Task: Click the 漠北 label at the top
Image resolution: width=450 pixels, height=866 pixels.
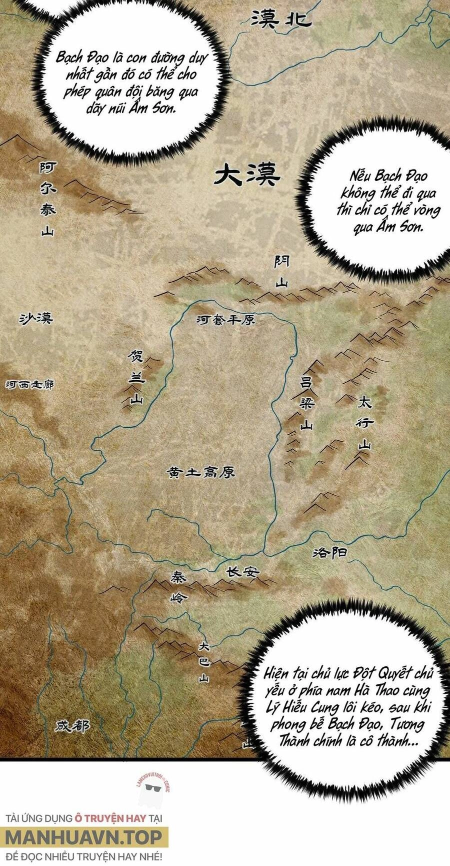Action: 281,20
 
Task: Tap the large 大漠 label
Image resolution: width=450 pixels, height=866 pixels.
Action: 247,176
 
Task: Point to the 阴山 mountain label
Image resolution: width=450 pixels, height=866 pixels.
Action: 281,272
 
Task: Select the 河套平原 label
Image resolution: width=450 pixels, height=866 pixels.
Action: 225,320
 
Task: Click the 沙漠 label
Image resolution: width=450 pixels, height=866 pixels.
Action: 36,318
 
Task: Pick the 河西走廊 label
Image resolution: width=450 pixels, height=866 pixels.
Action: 29,385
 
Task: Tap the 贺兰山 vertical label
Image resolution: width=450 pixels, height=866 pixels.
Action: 136,377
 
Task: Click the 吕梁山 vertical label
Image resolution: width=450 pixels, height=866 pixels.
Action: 305,403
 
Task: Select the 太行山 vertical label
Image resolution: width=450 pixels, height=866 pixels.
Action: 365,423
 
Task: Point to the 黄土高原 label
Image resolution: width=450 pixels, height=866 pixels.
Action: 201,472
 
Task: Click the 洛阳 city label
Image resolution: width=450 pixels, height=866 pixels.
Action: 329,552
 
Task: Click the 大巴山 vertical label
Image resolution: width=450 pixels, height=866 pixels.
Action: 203,662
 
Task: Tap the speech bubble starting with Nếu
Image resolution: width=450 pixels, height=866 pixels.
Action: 388,201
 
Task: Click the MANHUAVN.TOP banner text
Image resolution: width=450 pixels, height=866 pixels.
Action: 84,837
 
